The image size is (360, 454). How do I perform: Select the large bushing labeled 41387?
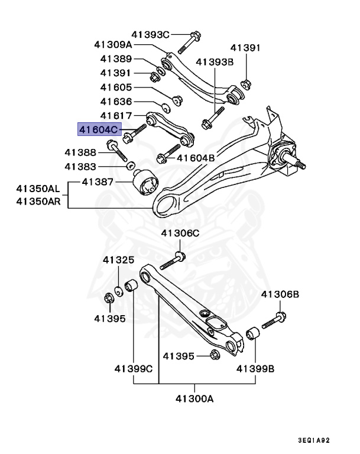pos(145,183)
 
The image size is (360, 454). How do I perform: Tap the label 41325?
pos(118,260)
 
